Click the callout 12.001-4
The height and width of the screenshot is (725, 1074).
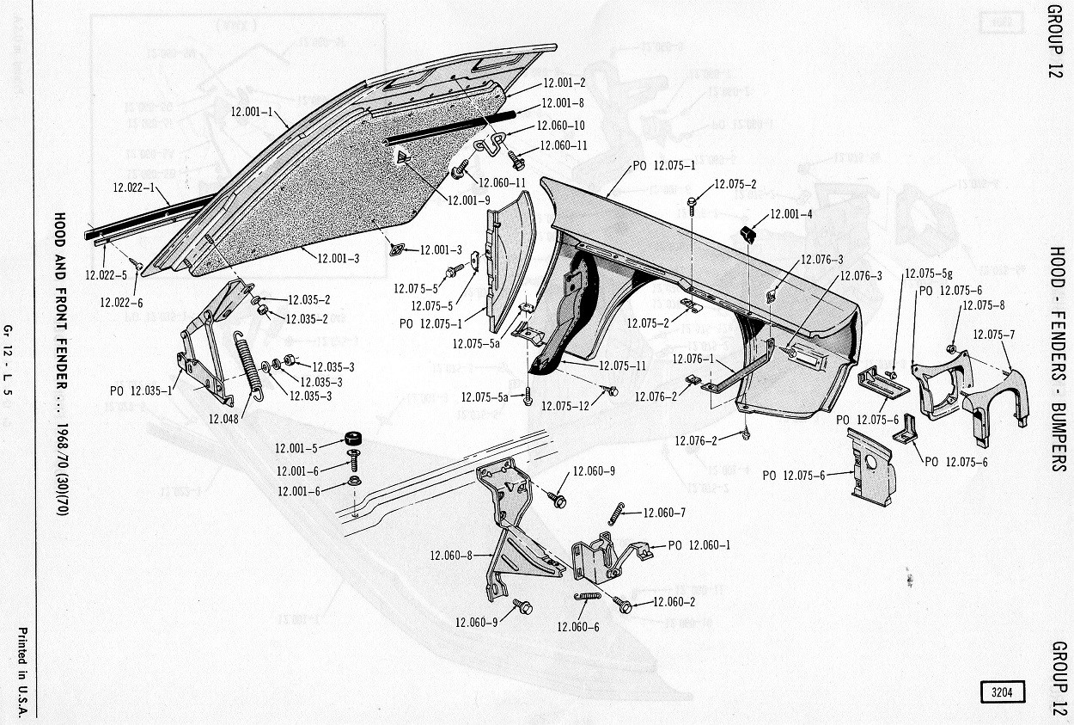pos(792,214)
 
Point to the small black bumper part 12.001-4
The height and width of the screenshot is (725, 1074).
pos(747,232)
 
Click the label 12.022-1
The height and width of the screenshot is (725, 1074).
pos(134,187)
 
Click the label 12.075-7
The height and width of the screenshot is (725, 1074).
pos(995,335)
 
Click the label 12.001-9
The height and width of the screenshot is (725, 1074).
pos(469,200)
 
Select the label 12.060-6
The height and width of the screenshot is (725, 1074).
pos(578,627)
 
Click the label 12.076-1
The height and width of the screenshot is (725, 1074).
pos(693,359)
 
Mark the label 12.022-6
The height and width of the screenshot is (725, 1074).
pos(121,301)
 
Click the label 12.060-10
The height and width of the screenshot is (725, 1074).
pos(561,126)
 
